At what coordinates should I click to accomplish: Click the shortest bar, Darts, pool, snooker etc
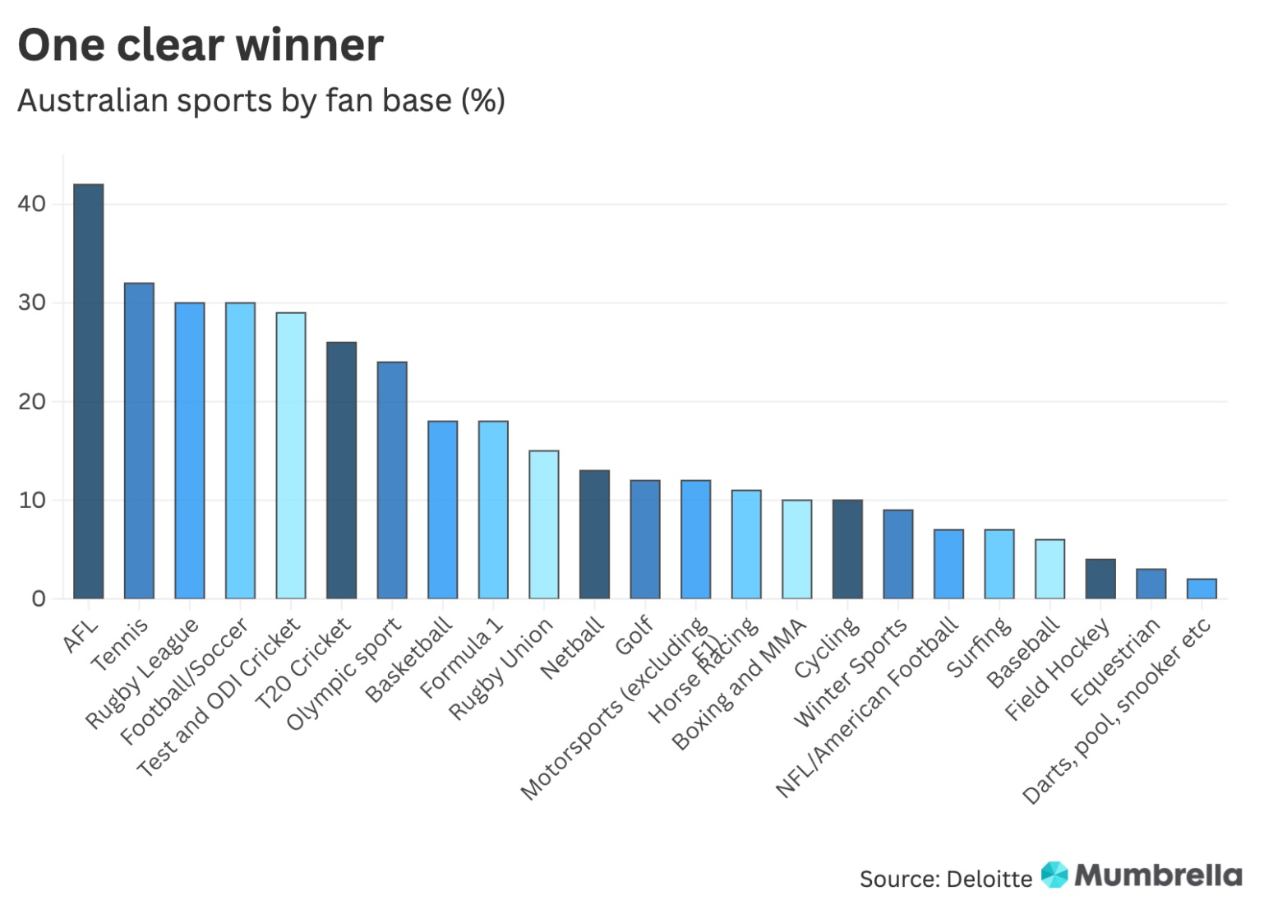(1202, 589)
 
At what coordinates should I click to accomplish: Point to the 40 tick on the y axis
(32, 204)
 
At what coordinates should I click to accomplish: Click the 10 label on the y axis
(32, 500)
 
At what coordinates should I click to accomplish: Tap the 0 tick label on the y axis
(39, 598)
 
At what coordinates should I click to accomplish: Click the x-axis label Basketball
(410, 660)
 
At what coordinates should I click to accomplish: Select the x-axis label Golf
(635, 635)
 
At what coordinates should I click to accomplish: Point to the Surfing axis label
(980, 649)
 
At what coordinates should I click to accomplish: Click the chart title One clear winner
(201, 44)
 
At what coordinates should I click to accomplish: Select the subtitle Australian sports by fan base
(261, 100)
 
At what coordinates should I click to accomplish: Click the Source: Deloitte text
(945, 879)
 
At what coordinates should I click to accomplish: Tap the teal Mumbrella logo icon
(1054, 875)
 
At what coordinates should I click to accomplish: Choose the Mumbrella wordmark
(1158, 875)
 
